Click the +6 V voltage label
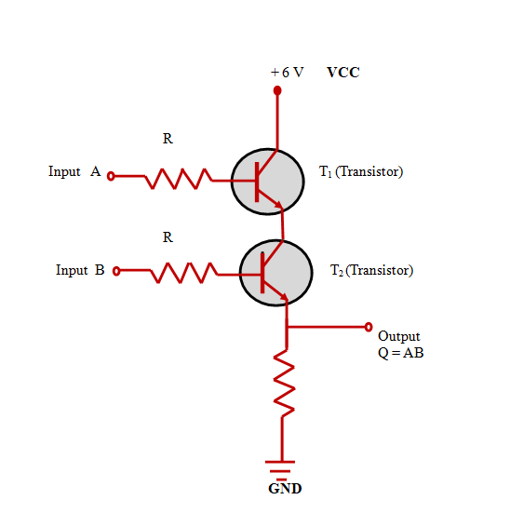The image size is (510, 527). tap(288, 73)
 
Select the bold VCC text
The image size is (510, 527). tap(343, 73)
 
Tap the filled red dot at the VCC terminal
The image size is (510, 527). tap(277, 90)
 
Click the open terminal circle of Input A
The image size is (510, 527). tap(111, 176)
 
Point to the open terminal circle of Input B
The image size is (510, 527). tap(116, 271)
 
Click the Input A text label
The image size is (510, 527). tap(74, 171)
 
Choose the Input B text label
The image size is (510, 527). tap(80, 270)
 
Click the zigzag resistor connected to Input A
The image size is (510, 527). tap(179, 179)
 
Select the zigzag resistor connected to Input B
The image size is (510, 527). tap(183, 273)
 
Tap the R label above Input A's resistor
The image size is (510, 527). tap(168, 139)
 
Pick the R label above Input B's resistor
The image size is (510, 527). tap(168, 237)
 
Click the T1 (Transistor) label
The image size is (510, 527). tap(361, 171)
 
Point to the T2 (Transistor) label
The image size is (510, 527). tap(371, 270)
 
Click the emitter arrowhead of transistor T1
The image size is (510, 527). tap(278, 204)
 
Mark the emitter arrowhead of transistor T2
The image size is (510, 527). tap(284, 296)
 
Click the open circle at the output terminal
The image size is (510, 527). tap(369, 327)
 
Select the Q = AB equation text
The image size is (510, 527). tap(400, 353)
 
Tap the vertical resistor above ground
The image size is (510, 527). tap(284, 384)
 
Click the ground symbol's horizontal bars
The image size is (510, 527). tap(280, 470)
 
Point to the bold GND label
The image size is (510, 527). tap(285, 489)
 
